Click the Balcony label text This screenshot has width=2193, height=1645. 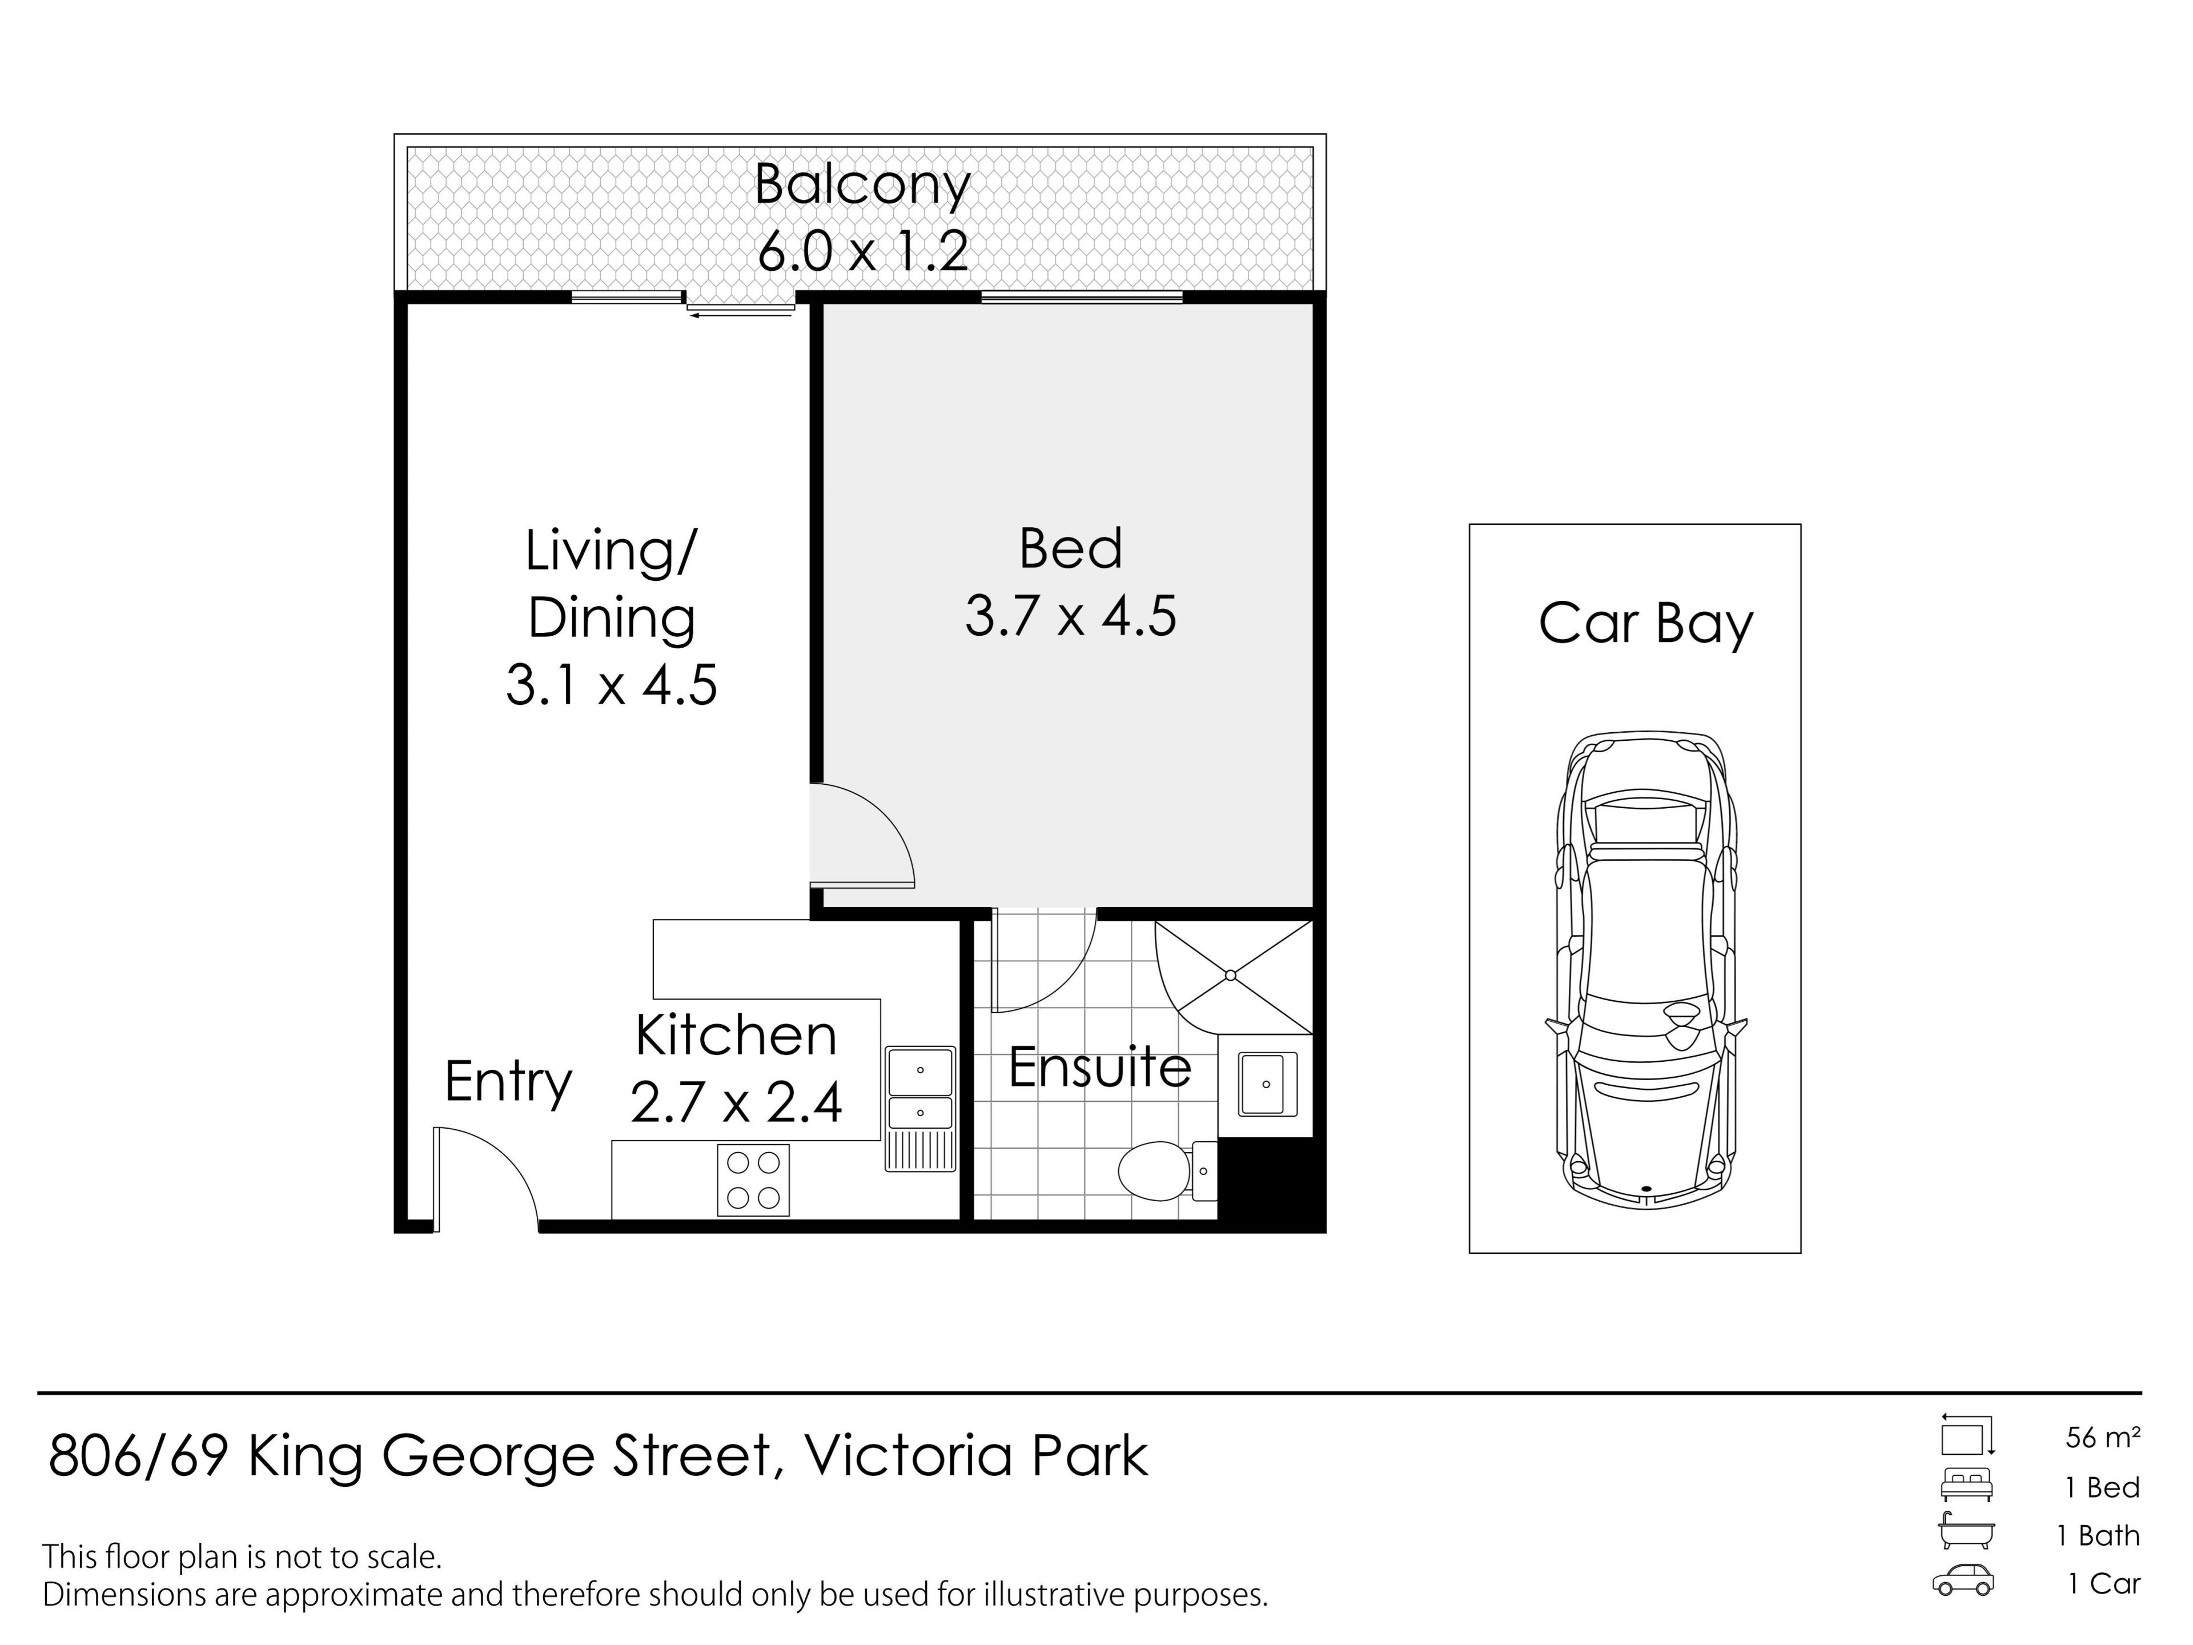click(x=862, y=186)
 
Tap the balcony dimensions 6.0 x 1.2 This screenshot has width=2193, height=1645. click(x=862, y=251)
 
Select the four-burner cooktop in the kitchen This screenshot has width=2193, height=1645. click(x=753, y=1180)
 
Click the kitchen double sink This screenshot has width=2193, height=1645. click(x=920, y=1092)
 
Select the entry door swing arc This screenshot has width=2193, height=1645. click(x=496, y=1170)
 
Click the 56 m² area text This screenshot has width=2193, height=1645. click(x=2102, y=1437)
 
